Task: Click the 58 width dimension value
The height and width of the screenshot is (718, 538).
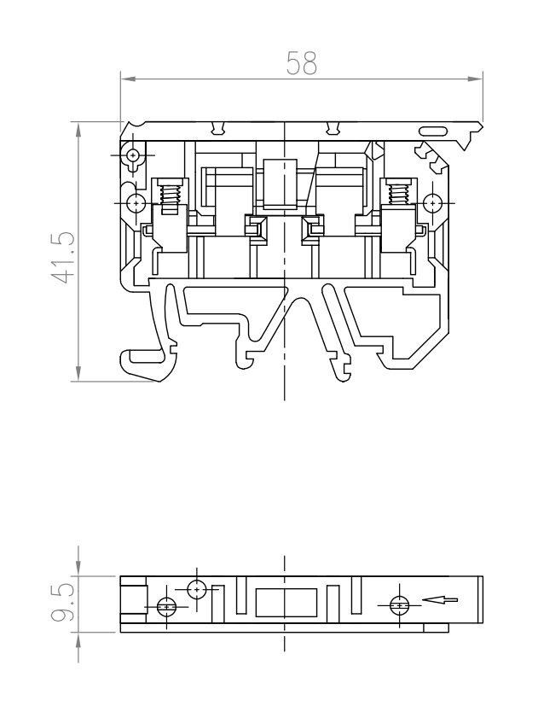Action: (x=302, y=63)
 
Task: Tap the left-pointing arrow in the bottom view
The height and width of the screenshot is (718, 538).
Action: (x=440, y=599)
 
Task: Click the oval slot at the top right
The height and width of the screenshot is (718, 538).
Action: (x=433, y=131)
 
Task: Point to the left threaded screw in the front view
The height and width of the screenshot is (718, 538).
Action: (x=170, y=198)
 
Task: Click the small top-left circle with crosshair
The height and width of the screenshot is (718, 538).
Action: (x=133, y=155)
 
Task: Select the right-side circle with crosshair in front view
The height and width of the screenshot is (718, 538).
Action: (x=432, y=202)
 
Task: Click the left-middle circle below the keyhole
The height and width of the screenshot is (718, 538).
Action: (x=136, y=202)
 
